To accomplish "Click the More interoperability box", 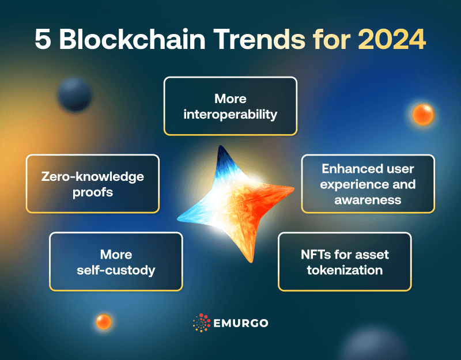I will click(x=231, y=106).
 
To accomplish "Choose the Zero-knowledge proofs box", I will click(x=92, y=184).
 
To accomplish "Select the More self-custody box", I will click(x=116, y=262).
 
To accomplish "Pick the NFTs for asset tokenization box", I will click(x=345, y=262).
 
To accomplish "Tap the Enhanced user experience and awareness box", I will click(x=368, y=184).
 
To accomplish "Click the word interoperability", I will click(x=231, y=114).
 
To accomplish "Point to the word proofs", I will click(x=93, y=192).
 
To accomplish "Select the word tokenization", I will click(x=345, y=270).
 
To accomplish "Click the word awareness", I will click(x=368, y=200).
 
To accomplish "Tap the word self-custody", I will click(x=116, y=270).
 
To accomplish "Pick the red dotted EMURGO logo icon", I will click(x=201, y=323).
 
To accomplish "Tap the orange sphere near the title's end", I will click(x=423, y=114).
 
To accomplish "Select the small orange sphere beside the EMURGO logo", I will click(x=104, y=321).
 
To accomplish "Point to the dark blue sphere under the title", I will click(x=75, y=94).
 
